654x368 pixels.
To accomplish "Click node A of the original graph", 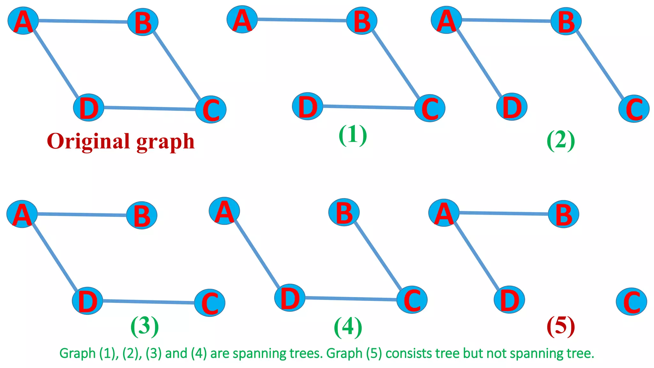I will [23, 21].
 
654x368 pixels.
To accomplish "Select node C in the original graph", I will [211, 109].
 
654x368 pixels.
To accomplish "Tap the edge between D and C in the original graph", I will [149, 109].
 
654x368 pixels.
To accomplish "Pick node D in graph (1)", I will [307, 106].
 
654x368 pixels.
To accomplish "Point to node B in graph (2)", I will [566, 22].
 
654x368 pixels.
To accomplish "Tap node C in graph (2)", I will [634, 109].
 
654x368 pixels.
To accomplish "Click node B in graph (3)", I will [141, 215].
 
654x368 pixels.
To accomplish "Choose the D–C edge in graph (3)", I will [148, 302].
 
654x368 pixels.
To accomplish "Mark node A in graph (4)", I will [224, 211].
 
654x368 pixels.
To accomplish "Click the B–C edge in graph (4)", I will [378, 256].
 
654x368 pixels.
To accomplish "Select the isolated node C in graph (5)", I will [631, 302].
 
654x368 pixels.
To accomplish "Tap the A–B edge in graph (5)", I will [504, 213].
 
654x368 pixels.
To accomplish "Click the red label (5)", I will [561, 326].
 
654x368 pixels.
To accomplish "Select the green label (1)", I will [353, 135].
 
